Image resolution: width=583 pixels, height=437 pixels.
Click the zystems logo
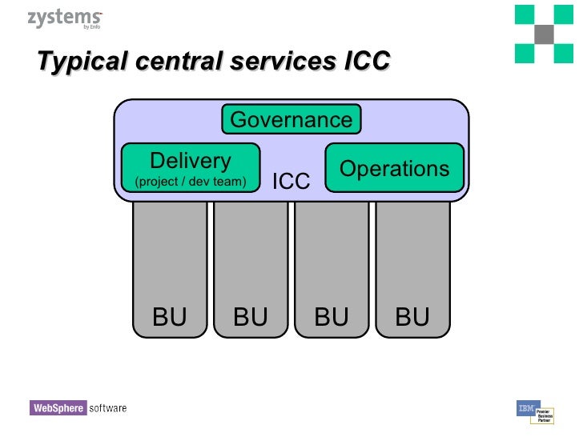64,18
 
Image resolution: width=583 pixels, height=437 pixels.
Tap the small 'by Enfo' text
91,26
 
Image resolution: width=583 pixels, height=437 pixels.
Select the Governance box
291,120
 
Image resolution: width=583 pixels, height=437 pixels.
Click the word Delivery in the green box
191,161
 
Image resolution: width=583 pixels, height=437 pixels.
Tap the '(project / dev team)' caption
191,182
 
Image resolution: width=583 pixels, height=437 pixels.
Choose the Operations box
394,168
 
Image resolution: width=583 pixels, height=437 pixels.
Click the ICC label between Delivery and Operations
291,182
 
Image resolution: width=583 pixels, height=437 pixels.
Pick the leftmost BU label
169,318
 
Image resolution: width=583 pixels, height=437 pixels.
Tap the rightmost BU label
412,318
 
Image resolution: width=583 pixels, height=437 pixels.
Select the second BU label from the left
250,318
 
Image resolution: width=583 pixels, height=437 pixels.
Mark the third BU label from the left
331,318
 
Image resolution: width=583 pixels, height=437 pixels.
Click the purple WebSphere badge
58,408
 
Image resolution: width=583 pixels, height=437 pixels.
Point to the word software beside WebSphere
108,408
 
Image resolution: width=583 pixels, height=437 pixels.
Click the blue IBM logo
527,408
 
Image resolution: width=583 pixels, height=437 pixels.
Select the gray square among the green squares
545,34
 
